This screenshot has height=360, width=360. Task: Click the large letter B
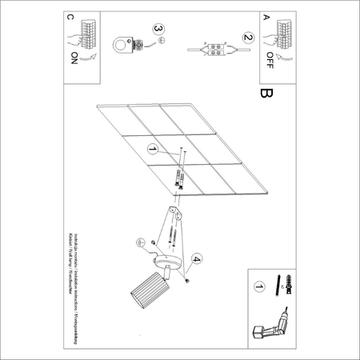(x=266, y=95)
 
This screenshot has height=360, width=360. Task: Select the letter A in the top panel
(x=266, y=17)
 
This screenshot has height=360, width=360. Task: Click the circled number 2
(x=247, y=37)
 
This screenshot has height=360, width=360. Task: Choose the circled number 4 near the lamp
(x=197, y=258)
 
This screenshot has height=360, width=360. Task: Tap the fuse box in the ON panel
(x=84, y=33)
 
